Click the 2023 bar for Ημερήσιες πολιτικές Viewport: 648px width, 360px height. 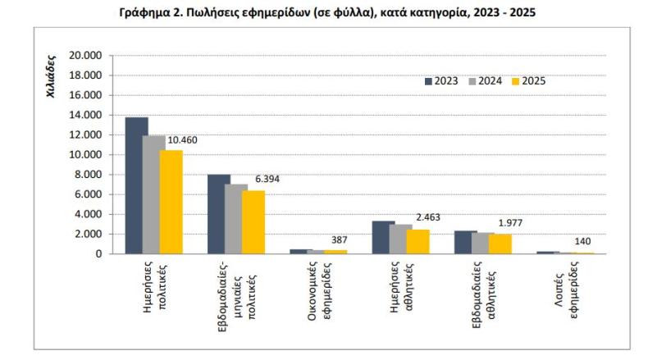[x=137, y=185]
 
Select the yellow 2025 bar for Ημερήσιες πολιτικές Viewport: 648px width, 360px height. [x=171, y=202]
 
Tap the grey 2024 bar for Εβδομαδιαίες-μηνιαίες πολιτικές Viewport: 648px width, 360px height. [x=236, y=219]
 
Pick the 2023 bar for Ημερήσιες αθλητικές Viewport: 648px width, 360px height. [x=384, y=238]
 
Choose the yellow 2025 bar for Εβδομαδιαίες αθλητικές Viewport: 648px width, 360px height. [x=500, y=244]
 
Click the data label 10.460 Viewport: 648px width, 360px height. [x=182, y=140]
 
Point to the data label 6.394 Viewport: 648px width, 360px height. [x=267, y=179]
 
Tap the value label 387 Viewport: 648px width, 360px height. [x=340, y=239]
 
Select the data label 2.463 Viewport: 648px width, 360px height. [x=428, y=217]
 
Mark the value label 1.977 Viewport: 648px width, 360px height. [x=510, y=223]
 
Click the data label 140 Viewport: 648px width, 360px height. [x=582, y=241]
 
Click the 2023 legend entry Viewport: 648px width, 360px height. [x=441, y=81]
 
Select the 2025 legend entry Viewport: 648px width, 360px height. [x=528, y=81]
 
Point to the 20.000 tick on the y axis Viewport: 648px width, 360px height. [x=85, y=56]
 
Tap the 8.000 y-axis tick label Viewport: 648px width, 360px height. [x=88, y=175]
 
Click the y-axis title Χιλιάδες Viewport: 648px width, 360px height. [x=51, y=76]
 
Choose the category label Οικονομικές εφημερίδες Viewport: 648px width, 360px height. [x=318, y=291]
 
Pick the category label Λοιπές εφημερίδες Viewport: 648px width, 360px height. [x=566, y=289]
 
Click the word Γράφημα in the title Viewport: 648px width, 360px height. [x=144, y=13]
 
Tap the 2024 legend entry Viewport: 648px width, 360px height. [x=485, y=81]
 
